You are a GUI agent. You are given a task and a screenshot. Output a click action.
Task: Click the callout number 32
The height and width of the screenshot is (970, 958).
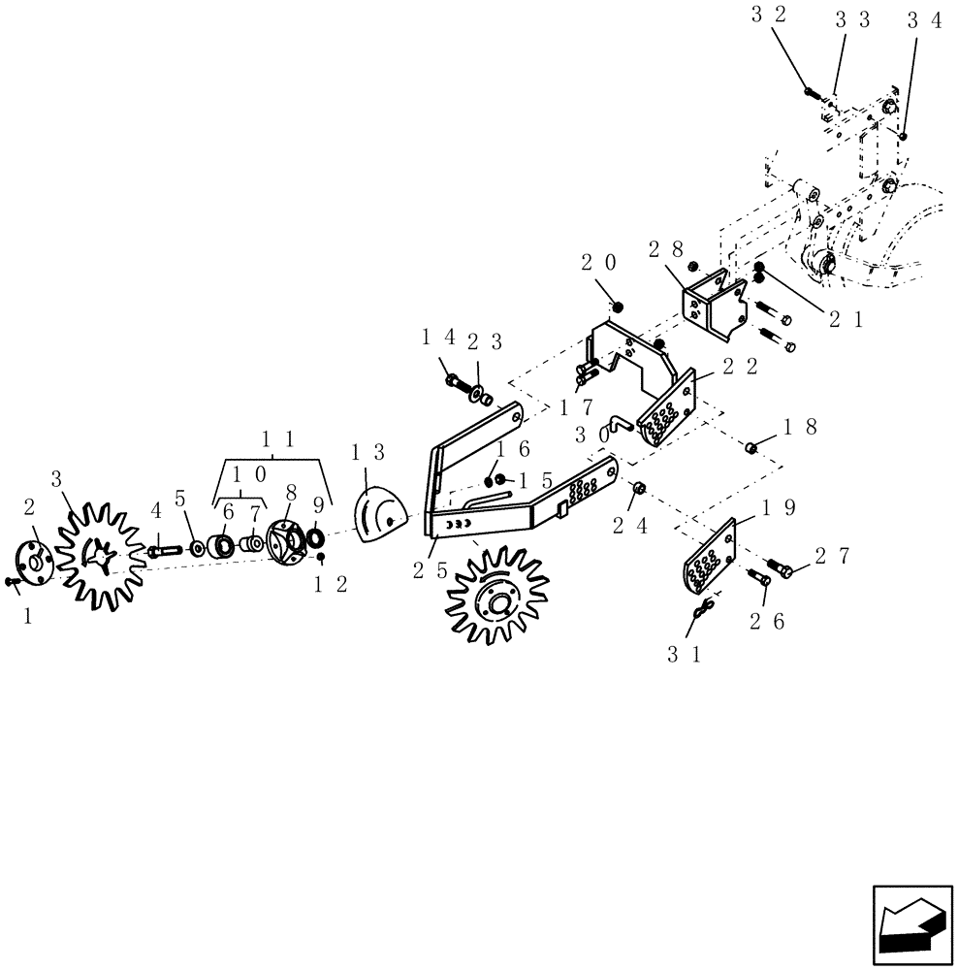pyautogui.click(x=769, y=15)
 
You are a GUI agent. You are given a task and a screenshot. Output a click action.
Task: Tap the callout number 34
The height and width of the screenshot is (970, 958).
pyautogui.click(x=925, y=20)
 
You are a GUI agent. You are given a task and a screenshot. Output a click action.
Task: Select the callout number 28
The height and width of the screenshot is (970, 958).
pyautogui.click(x=666, y=249)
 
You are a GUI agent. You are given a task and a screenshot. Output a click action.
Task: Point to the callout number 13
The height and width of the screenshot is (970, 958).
pyautogui.click(x=368, y=452)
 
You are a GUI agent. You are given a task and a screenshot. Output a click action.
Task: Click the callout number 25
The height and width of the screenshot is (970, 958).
pyautogui.click(x=430, y=570)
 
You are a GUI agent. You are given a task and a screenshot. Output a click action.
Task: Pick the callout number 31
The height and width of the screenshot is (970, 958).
pyautogui.click(x=685, y=655)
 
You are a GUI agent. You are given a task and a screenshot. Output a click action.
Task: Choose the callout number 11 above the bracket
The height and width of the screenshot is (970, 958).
pyautogui.click(x=278, y=439)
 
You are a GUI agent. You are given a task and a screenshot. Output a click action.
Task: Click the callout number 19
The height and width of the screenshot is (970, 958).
pyautogui.click(x=779, y=507)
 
